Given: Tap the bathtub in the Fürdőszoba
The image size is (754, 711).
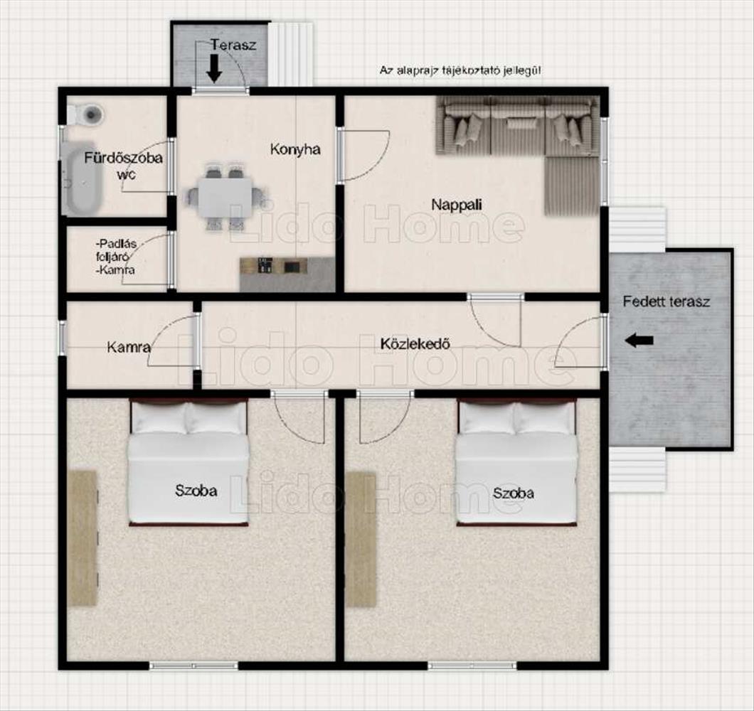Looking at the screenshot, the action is [82, 178].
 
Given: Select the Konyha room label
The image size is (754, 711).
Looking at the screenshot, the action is [295, 149].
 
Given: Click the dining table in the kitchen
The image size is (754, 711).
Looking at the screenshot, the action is [225, 198].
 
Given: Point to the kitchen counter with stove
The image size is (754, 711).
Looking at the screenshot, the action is [287, 274].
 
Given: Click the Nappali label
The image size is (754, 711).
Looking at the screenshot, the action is [457, 205].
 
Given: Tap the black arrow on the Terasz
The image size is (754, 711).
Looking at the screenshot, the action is [214, 69].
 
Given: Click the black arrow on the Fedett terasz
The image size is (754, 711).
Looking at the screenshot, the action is [639, 341].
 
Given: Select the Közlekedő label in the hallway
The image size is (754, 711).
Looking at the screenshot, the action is [415, 343].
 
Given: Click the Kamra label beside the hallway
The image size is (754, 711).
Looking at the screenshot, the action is [129, 346].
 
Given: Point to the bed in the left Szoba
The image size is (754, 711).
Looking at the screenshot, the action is [188, 462].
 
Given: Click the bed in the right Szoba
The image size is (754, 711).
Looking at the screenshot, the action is [516, 462].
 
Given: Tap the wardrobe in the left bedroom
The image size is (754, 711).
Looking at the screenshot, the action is [83, 538].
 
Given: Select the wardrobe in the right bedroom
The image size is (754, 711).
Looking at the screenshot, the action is [361, 540].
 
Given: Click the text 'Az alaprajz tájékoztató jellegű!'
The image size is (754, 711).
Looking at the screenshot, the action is [460, 70].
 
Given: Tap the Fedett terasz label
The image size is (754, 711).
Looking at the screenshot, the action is [666, 302].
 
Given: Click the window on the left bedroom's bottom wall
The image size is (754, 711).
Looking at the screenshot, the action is [193, 665].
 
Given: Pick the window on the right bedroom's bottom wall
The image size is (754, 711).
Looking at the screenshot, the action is [472, 665].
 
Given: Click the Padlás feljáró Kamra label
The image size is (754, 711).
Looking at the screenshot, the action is [116, 257].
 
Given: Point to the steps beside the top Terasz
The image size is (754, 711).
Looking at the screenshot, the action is [291, 53].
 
